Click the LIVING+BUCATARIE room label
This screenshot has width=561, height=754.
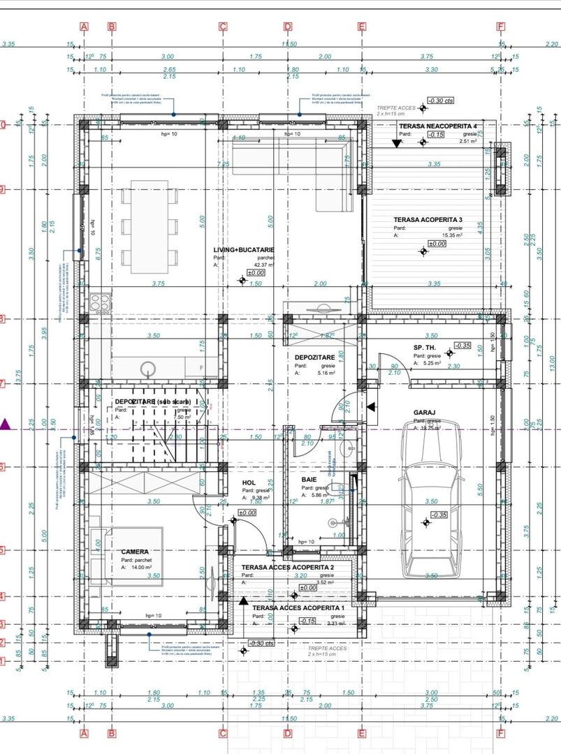(x=244, y=249)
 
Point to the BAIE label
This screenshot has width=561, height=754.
(x=309, y=480)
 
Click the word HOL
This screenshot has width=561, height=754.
(x=248, y=482)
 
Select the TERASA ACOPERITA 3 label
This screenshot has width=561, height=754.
(x=427, y=219)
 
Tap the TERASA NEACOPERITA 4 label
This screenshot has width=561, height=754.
(x=437, y=125)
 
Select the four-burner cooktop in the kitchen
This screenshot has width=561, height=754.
(x=98, y=302)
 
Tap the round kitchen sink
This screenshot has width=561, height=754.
(x=148, y=368)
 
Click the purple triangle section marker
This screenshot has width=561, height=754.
(x=6, y=424)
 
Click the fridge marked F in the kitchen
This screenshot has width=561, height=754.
(x=202, y=367)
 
